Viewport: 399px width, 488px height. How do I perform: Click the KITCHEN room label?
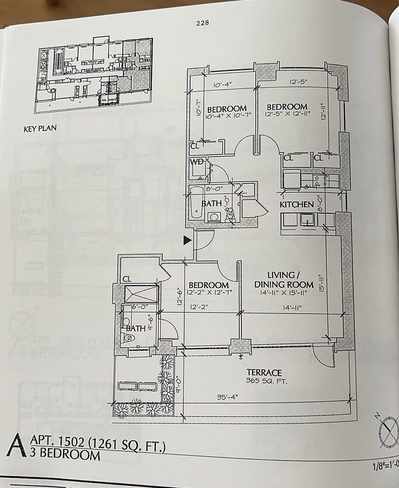tap(296, 204)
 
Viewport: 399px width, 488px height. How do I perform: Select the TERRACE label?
tap(264, 372)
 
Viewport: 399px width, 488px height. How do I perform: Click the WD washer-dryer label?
tap(196, 162)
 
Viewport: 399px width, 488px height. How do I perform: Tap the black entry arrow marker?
tap(187, 241)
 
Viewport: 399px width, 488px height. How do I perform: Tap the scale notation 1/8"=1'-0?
tap(384, 469)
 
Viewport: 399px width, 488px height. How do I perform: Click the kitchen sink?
tap(305, 219)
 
